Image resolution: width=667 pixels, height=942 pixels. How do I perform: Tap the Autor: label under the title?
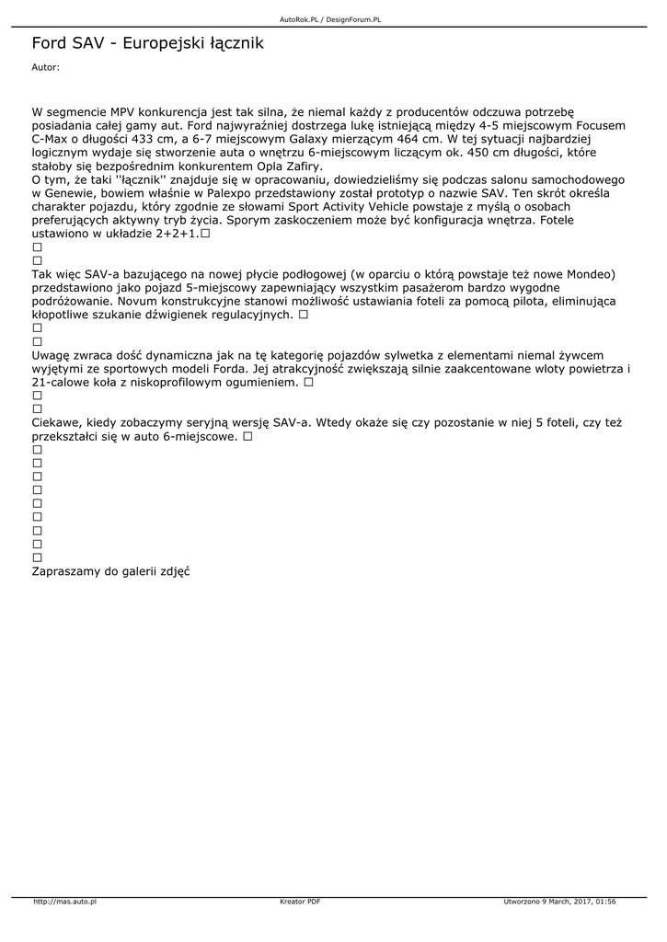(45, 67)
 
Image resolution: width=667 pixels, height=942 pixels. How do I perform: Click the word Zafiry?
(300, 167)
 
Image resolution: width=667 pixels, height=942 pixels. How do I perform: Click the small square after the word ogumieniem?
(309, 382)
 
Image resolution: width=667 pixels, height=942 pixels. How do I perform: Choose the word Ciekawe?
(57, 422)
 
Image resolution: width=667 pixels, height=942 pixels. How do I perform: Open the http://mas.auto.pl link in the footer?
(65, 902)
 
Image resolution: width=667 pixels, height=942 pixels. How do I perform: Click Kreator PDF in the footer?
(300, 902)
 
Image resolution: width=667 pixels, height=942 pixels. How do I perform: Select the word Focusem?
(598, 125)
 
